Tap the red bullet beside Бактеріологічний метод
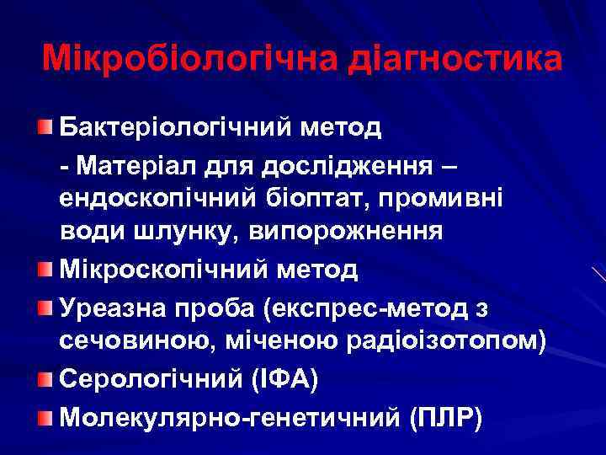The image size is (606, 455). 46,127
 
